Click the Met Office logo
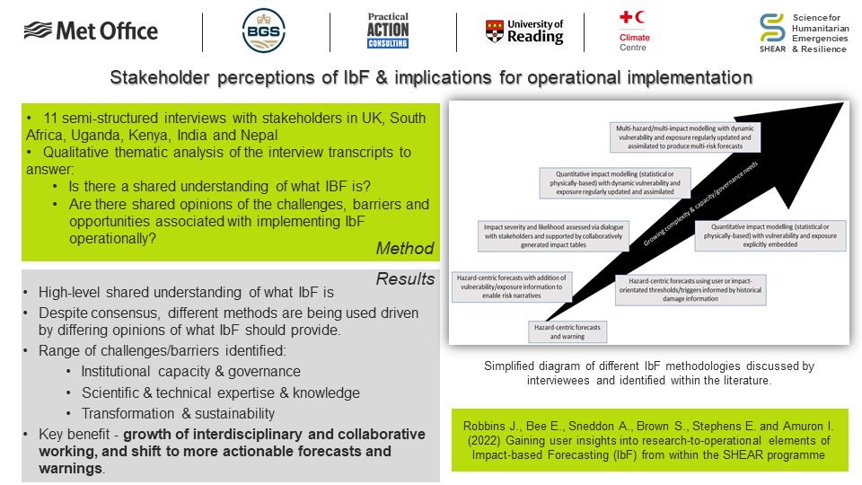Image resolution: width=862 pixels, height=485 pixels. pos(91,31)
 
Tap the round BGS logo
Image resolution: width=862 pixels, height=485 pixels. pos(264,31)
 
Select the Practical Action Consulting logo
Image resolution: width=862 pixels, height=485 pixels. pos(388,31)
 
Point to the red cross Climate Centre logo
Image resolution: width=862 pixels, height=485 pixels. pos(635,31)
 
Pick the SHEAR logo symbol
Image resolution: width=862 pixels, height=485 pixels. pos(772,28)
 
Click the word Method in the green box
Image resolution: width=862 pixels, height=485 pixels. pos(405,249)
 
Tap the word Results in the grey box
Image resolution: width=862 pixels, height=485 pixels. pos(405,278)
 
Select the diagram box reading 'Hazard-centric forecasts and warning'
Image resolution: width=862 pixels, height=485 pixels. pos(567,331)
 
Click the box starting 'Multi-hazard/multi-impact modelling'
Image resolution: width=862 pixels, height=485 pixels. pos(685,137)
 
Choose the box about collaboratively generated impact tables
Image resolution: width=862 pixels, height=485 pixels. pos(553,236)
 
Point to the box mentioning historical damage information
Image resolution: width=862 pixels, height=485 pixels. pos(690,290)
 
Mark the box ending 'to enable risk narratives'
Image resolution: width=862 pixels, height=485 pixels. pos(511,287)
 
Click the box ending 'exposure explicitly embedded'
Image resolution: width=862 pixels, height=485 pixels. pos(770,235)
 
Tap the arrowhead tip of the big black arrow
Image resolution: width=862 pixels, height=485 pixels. pos(842,102)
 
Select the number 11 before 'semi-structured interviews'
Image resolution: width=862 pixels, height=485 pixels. pos(50,119)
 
